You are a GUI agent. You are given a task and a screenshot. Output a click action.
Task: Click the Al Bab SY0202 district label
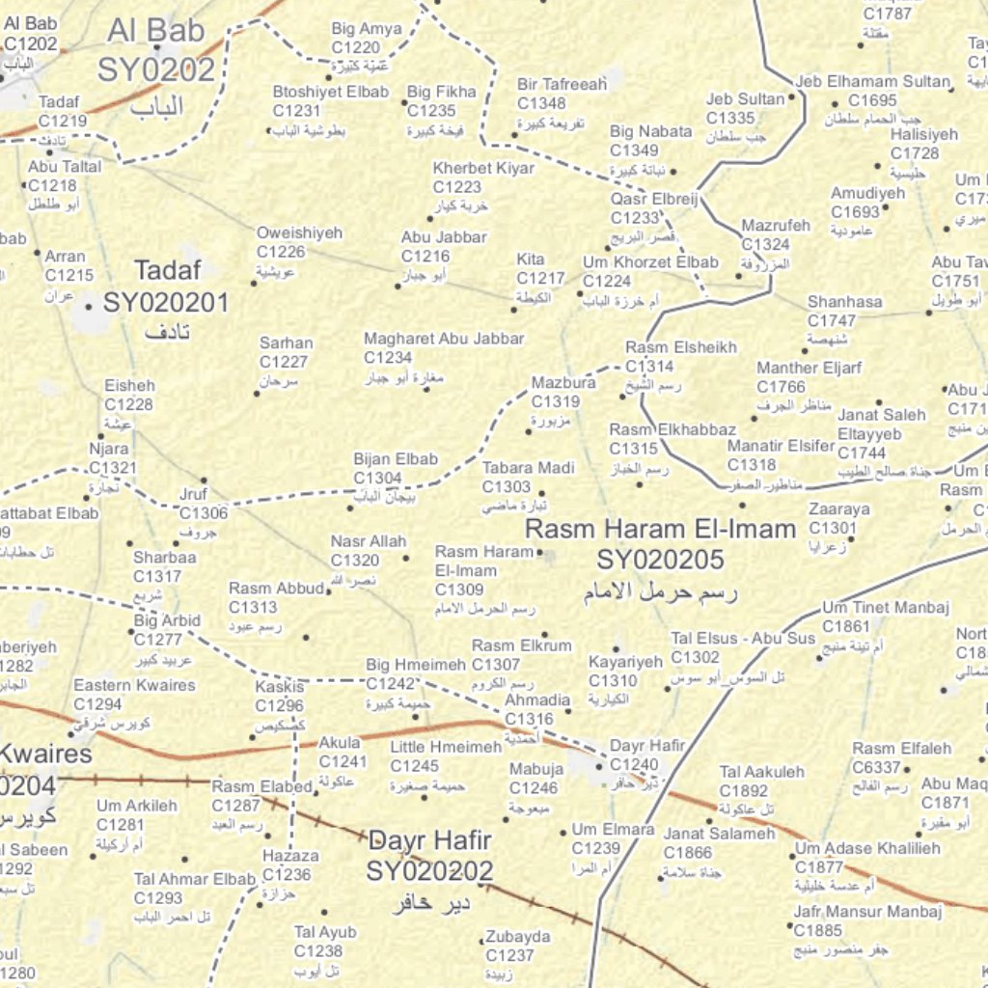pos(155,50)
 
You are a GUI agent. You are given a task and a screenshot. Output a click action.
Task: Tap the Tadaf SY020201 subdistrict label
pos(166,288)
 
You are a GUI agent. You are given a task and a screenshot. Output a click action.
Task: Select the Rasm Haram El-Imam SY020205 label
pos(661,544)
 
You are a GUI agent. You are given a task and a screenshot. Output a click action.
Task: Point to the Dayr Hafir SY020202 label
pos(429,855)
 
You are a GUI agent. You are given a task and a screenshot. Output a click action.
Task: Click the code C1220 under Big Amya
pos(356,47)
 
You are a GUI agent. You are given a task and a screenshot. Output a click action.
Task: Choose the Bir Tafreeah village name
pos(562,84)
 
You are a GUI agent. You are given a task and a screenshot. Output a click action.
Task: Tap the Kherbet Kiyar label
pos(483,168)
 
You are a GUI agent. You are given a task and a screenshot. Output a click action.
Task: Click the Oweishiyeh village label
pos(299,233)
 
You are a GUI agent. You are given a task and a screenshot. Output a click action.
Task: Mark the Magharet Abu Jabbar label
pos(444,339)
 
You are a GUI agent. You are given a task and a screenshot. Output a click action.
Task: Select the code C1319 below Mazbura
pos(556,401)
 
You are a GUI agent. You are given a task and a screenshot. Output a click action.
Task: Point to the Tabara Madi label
pos(528,468)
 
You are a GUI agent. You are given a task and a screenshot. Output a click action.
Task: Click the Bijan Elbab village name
pos(396,459)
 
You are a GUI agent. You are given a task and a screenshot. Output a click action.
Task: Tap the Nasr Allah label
pos(369,541)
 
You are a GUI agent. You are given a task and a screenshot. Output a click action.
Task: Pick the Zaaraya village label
pos(838,508)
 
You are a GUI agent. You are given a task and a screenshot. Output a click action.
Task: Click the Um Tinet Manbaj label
pos(886,608)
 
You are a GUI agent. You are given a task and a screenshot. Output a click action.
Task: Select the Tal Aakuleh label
pos(761,772)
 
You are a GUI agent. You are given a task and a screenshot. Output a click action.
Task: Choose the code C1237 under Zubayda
pos(510,955)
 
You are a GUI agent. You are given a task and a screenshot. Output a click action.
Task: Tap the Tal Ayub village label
pos(325,932)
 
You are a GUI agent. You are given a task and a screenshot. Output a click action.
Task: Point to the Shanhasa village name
pos(844,302)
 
